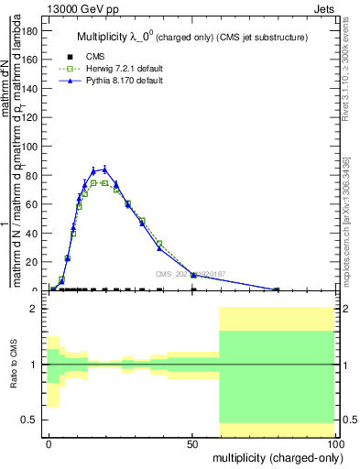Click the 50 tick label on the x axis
[192, 442]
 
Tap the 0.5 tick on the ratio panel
[31, 420]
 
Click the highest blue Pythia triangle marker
[105, 169]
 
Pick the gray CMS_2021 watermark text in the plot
[190, 273]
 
